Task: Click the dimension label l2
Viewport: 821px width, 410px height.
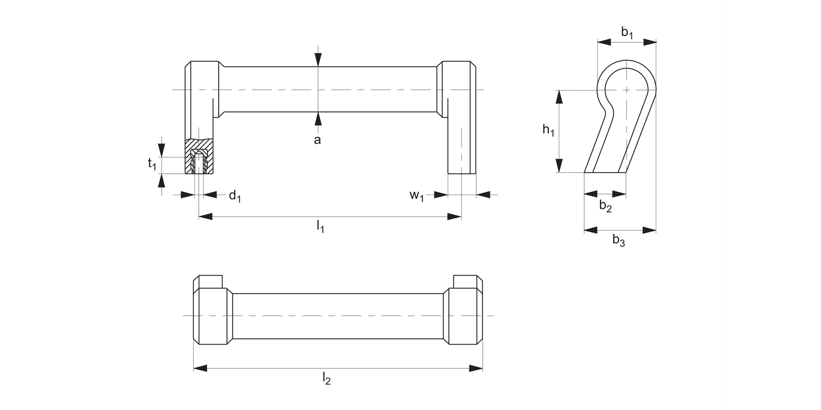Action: click(326, 378)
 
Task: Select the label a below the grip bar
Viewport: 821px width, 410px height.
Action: click(317, 140)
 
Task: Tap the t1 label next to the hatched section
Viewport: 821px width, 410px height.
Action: click(153, 163)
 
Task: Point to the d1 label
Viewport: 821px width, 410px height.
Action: click(235, 196)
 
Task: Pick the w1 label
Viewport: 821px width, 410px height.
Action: click(417, 196)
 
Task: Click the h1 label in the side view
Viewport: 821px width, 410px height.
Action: click(548, 131)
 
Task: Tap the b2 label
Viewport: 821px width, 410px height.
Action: click(605, 206)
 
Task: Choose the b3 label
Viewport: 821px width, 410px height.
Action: click(618, 240)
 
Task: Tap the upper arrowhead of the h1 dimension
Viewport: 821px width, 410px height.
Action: click(559, 97)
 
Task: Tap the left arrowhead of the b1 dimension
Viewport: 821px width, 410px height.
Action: click(603, 42)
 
